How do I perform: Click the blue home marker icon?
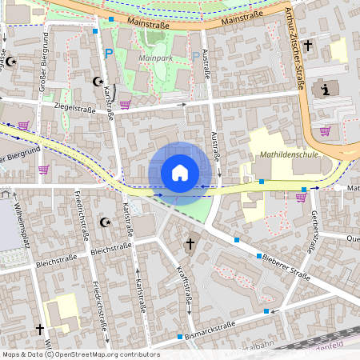pyautogui.click(x=180, y=173)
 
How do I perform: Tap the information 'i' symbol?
pyautogui.click(x=326, y=89)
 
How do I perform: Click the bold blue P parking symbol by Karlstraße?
pyautogui.click(x=109, y=54)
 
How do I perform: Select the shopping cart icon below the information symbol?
pyautogui.click(x=325, y=130)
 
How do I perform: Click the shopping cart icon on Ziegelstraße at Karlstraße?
pyautogui.click(x=125, y=104)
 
